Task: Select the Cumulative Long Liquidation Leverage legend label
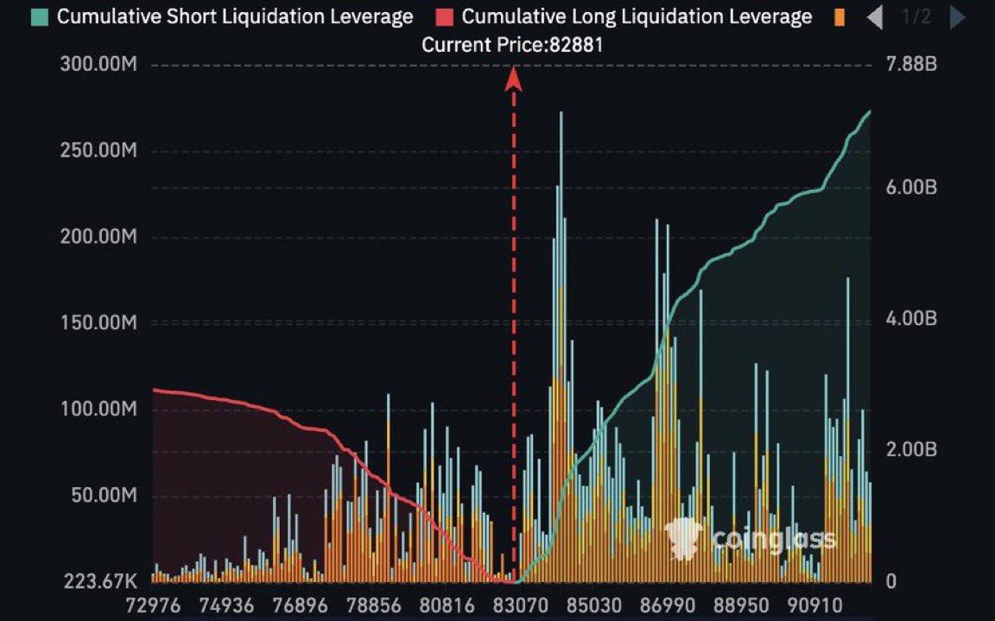(x=637, y=16)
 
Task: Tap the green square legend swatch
(x=40, y=16)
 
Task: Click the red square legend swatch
(x=445, y=16)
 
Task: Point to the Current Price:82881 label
(x=512, y=45)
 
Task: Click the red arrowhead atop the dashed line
(x=514, y=79)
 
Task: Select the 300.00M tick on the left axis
(x=98, y=66)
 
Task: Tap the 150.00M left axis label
(x=98, y=323)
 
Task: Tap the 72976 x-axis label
(x=153, y=605)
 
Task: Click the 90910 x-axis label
(x=814, y=605)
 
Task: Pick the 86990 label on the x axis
(x=666, y=605)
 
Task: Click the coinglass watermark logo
(x=750, y=540)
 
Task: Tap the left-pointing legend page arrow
(x=875, y=17)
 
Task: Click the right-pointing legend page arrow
(x=957, y=17)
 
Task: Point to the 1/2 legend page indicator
(x=916, y=16)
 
